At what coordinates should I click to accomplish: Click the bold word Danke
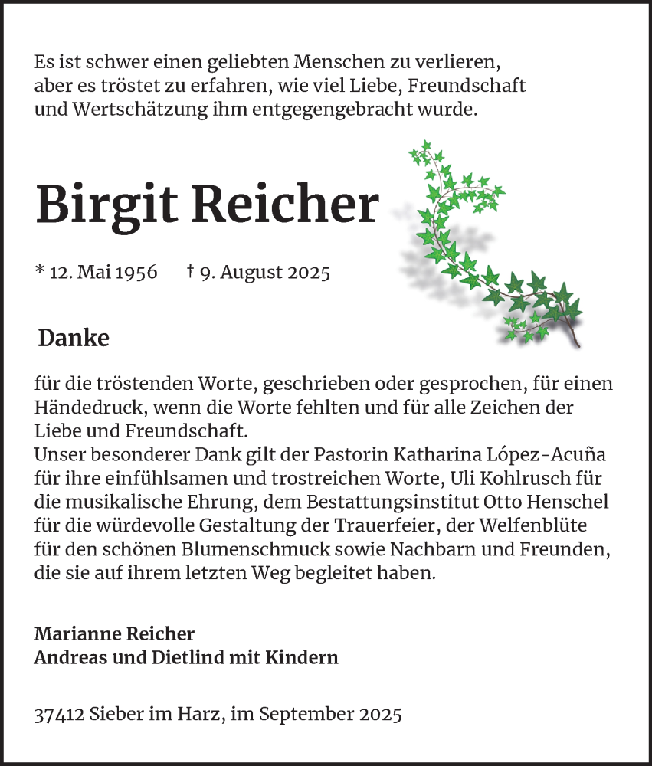[x=74, y=338]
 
